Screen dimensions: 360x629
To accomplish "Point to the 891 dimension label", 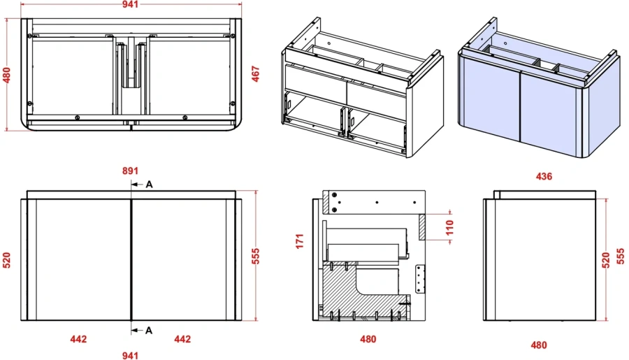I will (x=131, y=170).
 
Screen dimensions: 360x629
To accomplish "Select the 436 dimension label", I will (x=544, y=176).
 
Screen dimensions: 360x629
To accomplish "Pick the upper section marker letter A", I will (x=149, y=185).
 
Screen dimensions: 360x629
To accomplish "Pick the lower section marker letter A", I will (x=149, y=330).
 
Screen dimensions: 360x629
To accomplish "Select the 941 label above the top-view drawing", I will (x=131, y=5).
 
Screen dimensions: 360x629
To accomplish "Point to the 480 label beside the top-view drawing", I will (x=7, y=75).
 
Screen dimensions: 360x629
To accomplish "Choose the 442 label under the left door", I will (x=78, y=339).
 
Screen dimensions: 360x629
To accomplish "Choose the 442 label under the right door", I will (x=182, y=339).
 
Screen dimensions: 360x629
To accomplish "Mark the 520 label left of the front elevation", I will (x=7, y=260).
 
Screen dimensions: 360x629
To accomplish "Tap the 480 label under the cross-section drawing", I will (x=368, y=339).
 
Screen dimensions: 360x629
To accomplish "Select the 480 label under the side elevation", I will (x=538, y=345).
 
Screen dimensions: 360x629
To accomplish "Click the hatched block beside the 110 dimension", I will (x=421, y=226).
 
